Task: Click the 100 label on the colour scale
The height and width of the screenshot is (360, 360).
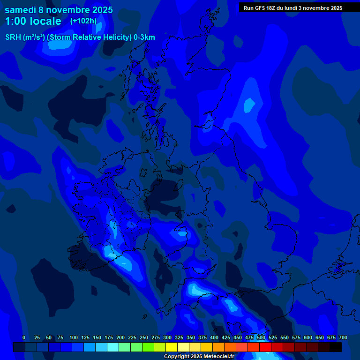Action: [x=74, y=337]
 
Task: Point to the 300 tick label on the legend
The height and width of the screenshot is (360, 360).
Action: [x=167, y=337]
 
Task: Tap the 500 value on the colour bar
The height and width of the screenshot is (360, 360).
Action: [x=261, y=337]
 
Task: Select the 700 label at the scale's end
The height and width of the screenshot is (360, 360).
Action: [x=343, y=337]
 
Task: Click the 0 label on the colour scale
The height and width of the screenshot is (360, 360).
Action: [x=24, y=337]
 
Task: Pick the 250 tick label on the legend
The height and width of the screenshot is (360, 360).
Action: [x=144, y=337]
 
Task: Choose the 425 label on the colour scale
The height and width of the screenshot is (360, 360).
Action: [x=226, y=337]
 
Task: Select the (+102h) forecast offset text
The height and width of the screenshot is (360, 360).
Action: [x=83, y=21]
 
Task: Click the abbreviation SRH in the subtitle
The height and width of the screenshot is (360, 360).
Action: [x=13, y=37]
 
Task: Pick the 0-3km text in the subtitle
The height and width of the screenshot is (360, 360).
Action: [x=144, y=37]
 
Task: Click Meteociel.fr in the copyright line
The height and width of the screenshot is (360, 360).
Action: [x=218, y=357]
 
